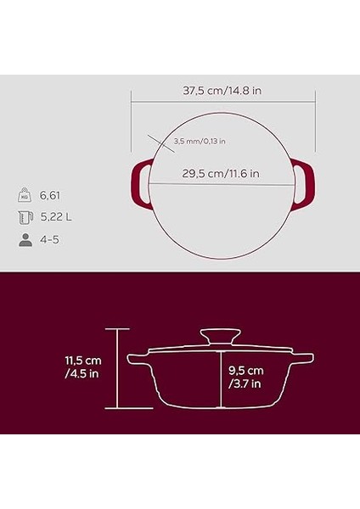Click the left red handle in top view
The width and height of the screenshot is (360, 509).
click(139, 184)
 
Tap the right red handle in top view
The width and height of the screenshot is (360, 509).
click(304, 184)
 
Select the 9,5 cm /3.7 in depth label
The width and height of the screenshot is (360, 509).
click(247, 377)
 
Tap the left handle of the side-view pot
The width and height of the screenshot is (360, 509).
click(137, 362)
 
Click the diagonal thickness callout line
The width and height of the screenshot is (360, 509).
click(156, 140)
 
